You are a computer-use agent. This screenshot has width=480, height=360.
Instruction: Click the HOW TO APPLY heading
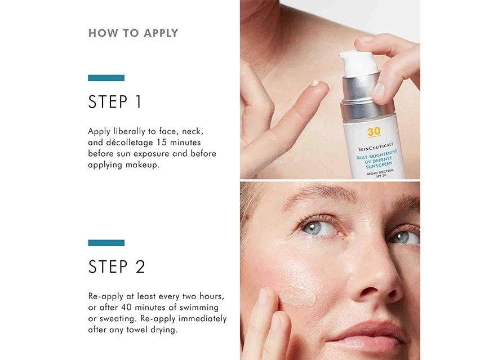point(133,33)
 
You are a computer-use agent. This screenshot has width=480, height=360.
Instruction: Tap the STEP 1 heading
point(115,101)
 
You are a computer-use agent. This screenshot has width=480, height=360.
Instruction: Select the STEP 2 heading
point(117,266)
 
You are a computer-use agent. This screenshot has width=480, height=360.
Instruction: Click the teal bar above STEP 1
point(106,78)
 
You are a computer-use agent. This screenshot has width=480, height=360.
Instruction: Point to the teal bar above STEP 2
point(106,243)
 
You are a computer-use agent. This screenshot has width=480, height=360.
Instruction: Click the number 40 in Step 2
point(126,307)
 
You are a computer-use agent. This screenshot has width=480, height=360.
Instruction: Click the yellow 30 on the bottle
point(374,132)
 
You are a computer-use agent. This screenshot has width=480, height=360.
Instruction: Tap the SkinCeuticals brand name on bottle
point(376,147)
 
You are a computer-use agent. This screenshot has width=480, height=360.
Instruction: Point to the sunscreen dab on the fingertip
point(315,83)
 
